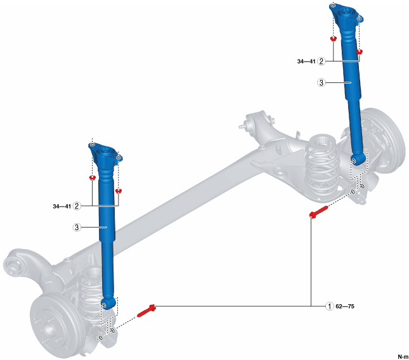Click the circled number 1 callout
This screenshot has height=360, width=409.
point(330,306)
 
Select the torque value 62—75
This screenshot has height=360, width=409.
point(345,306)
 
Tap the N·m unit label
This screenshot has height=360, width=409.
point(403,356)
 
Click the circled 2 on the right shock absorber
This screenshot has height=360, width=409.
point(321,61)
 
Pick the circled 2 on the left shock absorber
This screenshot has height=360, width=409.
point(77,206)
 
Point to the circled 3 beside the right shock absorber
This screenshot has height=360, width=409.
point(321,82)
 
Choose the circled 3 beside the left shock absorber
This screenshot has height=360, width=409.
point(77,228)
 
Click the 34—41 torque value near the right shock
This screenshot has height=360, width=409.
point(306,61)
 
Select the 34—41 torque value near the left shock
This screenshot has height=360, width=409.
point(62,207)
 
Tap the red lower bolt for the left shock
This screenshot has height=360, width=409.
point(146,310)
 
